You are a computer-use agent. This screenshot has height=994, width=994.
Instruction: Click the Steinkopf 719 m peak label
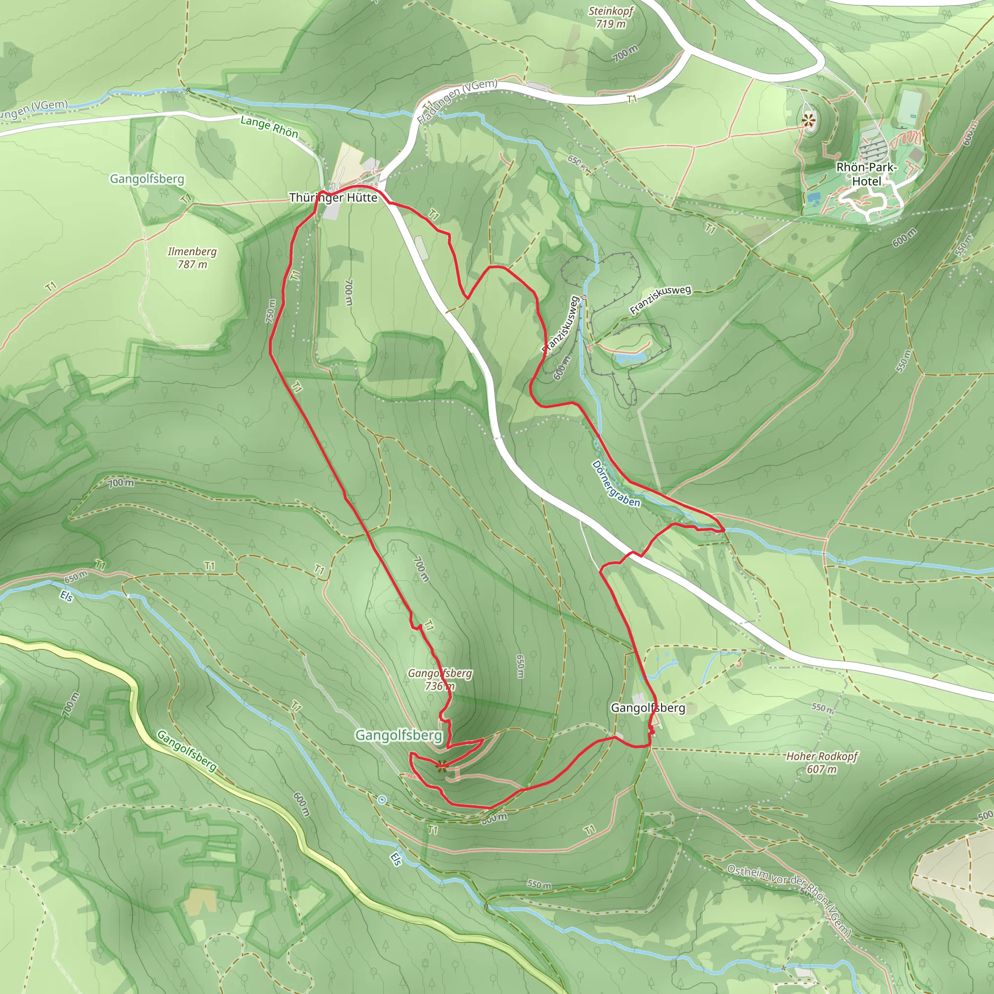pos(611,17)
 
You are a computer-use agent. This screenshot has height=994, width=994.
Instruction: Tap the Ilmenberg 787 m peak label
pos(192,258)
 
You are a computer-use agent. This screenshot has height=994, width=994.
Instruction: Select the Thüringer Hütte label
pos(333,198)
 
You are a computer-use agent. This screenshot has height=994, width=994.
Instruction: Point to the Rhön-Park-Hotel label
pos(866,174)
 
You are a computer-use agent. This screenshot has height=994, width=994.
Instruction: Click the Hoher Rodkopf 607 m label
pos(822,762)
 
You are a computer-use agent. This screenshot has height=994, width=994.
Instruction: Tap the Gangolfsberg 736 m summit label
pos(440,679)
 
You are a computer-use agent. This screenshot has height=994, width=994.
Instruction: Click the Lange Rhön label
pos(269,127)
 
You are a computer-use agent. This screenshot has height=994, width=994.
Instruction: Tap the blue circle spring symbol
pos(381,800)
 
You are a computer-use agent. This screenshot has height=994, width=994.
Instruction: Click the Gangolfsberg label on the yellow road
pos(187,751)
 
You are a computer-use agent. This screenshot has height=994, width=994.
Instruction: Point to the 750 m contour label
pos(271,311)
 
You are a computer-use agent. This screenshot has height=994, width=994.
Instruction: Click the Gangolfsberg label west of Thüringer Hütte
pos(147,179)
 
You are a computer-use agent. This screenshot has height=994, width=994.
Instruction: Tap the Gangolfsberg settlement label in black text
pos(648,708)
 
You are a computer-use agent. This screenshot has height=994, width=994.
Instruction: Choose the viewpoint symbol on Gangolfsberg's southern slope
pos(440,766)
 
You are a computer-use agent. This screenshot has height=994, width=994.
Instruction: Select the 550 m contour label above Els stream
pos(538,884)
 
